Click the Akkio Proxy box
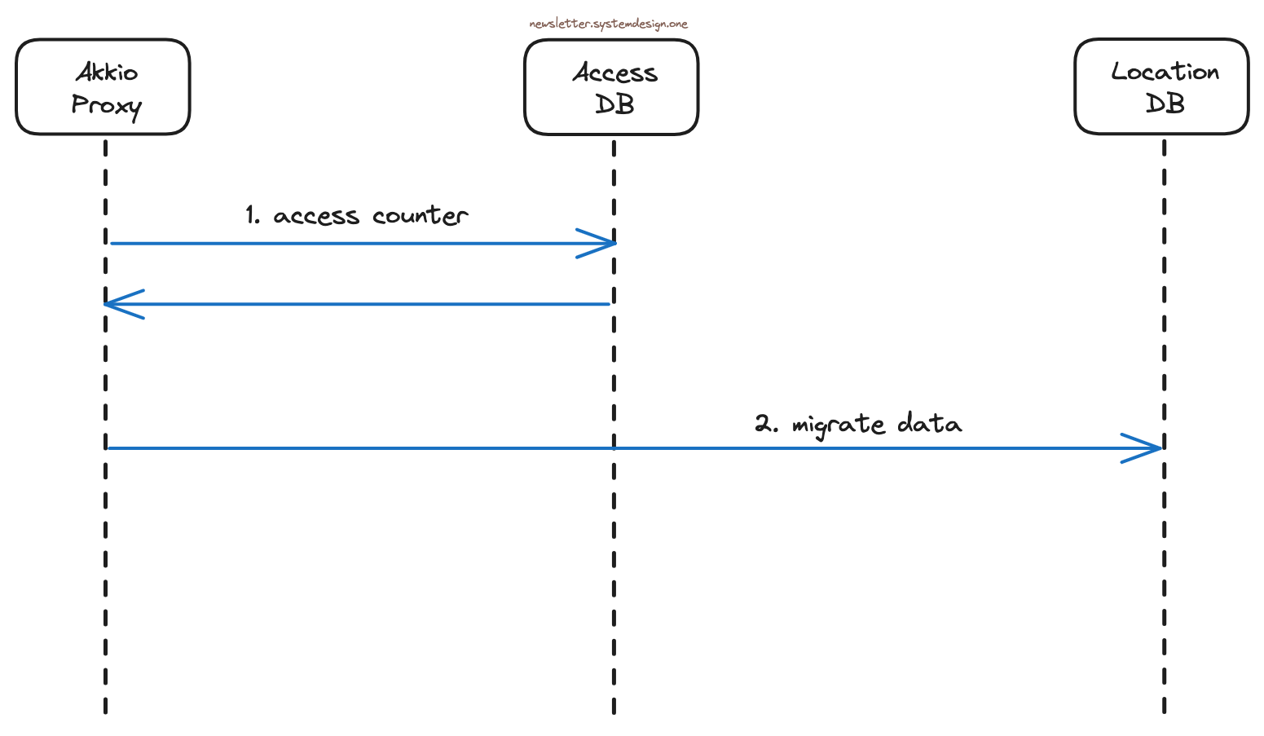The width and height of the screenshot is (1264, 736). click(103, 87)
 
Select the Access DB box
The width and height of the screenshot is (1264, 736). click(611, 87)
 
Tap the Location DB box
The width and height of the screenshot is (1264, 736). click(1161, 86)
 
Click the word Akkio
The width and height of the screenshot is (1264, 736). click(107, 73)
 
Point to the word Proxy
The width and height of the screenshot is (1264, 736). click(107, 106)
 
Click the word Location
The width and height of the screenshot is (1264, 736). click(1165, 72)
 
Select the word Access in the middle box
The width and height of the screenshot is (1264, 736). click(614, 73)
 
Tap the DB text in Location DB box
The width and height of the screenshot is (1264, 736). click(1165, 104)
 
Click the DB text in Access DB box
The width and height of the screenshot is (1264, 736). click(614, 104)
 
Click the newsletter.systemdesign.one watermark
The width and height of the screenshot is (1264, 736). click(608, 24)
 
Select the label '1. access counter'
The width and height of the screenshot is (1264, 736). click(357, 215)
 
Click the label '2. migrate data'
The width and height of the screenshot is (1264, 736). click(857, 424)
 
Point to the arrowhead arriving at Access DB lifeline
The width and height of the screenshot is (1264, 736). click(603, 243)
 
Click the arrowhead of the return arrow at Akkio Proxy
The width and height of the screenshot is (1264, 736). click(118, 304)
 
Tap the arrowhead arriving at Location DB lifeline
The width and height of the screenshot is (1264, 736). click(1149, 448)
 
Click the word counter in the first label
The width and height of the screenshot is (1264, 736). click(420, 215)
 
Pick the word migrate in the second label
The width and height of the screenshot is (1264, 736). click(838, 425)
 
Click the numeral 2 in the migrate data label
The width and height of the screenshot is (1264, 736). click(763, 424)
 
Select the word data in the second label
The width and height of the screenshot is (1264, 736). click(929, 424)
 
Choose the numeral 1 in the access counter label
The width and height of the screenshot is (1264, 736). click(252, 215)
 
